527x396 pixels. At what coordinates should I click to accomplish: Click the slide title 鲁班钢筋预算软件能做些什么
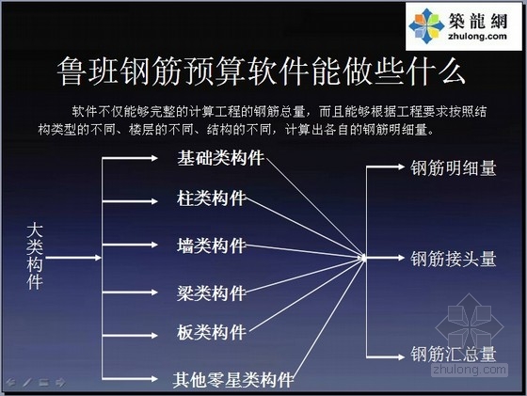[x=261, y=71]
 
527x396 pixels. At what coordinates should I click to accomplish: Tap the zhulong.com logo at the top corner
[x=463, y=26]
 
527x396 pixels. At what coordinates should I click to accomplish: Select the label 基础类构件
[x=220, y=158]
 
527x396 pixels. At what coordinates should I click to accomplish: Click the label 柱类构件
[x=212, y=198]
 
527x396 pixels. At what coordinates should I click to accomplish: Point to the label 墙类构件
[x=212, y=246]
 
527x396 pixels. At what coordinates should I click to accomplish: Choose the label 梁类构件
[x=212, y=293]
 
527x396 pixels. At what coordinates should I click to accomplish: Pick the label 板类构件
[x=212, y=333]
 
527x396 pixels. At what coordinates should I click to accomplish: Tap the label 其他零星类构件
[x=233, y=380]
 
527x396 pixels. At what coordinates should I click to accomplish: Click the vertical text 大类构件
[x=35, y=258]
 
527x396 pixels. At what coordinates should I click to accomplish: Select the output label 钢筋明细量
[x=453, y=168]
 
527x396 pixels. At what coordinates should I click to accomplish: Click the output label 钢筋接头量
[x=453, y=259]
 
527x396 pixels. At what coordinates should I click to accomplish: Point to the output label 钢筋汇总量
[x=453, y=354]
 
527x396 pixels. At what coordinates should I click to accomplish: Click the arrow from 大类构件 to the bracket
[x=73, y=258]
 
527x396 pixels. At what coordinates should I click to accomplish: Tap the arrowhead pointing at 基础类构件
[x=154, y=158]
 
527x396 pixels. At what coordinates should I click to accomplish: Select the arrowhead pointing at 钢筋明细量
[x=401, y=166]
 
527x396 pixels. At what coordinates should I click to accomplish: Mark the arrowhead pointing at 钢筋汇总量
[x=401, y=356]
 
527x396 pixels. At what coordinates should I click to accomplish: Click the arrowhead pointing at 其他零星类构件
[x=154, y=379]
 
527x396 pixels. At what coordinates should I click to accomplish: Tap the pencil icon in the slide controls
[x=27, y=382]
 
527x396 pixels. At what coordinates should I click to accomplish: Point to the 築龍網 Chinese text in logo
[x=478, y=21]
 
